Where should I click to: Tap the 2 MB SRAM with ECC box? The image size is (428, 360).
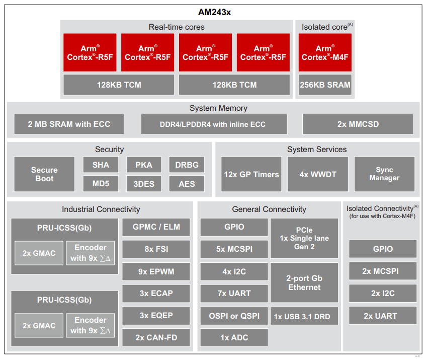(x=69, y=124)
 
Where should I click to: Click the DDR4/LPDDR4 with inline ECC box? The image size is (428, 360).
(x=214, y=124)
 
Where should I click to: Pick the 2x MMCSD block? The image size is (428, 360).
(x=358, y=124)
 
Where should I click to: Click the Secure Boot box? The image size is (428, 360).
(x=44, y=174)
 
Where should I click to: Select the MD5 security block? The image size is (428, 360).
(x=101, y=184)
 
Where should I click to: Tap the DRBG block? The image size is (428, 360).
(x=187, y=165)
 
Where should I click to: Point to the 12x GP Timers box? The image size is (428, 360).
(x=251, y=174)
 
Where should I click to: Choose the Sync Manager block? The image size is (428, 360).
(x=384, y=174)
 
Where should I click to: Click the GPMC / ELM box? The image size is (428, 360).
(x=156, y=227)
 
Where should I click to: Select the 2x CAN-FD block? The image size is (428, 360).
(x=156, y=337)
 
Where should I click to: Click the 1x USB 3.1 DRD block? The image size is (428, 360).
(x=304, y=316)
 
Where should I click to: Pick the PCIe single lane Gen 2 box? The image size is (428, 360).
(x=304, y=239)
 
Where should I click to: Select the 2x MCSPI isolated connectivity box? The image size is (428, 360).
(x=382, y=271)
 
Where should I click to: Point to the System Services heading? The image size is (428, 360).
(x=317, y=150)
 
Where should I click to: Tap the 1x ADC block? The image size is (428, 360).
(x=234, y=337)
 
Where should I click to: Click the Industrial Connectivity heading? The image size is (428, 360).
(x=101, y=209)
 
